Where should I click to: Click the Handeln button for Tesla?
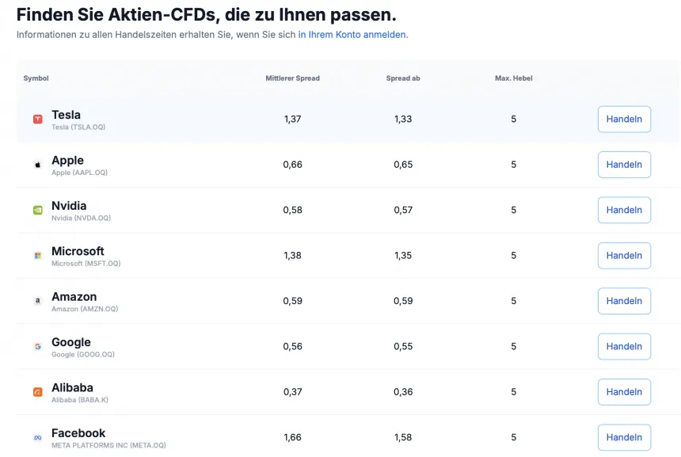coord(624,119)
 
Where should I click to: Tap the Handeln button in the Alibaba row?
coord(624,391)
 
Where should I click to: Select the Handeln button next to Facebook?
coord(624,437)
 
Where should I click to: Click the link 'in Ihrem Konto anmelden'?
coord(352,35)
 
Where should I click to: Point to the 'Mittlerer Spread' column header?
coord(292,78)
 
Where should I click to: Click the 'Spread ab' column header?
coord(403,78)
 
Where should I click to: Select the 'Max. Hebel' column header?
coord(513,78)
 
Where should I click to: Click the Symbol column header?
coord(36,78)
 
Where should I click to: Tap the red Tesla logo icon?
coord(37,119)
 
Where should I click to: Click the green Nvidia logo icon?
coord(37,210)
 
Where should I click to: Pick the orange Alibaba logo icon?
coord(37,391)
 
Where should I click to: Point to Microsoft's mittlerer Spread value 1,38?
coord(292,255)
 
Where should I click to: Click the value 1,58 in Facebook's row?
coord(403,437)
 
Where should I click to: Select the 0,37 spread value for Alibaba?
coord(292,391)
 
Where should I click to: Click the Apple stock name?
coord(67,160)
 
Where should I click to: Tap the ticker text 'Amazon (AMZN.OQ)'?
coord(85,309)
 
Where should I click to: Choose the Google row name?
coord(71,342)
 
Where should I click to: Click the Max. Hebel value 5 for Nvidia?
coord(513,210)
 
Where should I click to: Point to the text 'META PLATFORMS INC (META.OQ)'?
coord(108,445)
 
